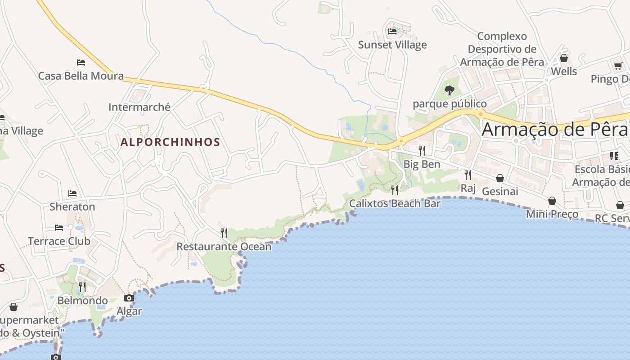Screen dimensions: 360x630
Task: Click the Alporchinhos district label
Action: pos(170,142)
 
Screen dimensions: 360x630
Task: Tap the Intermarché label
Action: pos(139,107)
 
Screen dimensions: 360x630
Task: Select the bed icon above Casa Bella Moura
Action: pos(81,62)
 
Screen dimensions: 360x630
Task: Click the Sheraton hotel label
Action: pos(72,207)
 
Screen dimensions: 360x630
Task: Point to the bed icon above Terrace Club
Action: pos(59,228)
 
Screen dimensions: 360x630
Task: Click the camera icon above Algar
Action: pos(129,298)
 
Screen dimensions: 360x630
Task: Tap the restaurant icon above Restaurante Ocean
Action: pos(224,233)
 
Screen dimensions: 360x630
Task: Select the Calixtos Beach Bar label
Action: pos(395,203)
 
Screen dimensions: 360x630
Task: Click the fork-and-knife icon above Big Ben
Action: pos(422,150)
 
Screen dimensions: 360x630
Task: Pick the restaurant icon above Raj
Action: pos(468,175)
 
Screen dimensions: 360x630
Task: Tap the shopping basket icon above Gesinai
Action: pos(499,178)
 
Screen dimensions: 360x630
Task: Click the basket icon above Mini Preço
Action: pos(552,201)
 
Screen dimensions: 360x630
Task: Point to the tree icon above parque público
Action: pos(449,90)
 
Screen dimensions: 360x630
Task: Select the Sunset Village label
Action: pos(392,45)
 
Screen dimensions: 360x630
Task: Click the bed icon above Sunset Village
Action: pos(392,31)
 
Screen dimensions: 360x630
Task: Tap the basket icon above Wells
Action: pos(563,58)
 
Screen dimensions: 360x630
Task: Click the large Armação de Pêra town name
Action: pos(554,130)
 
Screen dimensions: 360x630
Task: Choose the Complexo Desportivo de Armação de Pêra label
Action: pos(502,49)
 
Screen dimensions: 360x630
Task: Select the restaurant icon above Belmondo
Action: pos(82,287)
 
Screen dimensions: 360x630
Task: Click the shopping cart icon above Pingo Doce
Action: pos(618,66)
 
